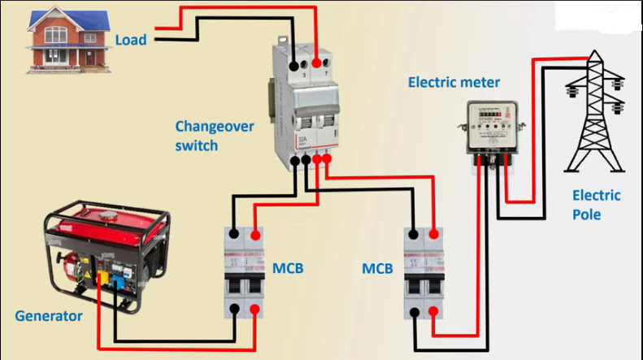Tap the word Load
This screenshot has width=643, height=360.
131,39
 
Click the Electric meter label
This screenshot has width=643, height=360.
454,82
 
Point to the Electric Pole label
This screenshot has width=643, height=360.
597,205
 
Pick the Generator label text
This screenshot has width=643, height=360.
49,315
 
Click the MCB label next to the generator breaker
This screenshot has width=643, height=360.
289,268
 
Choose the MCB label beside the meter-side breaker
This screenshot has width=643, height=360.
378,268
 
